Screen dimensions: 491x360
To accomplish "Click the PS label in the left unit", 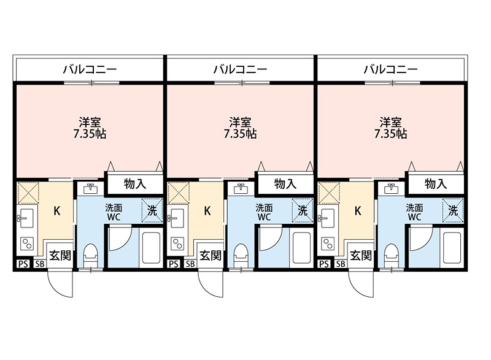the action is coord(23,264).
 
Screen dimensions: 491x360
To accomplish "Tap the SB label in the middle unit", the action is coord(190,264).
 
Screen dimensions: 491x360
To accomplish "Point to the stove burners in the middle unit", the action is coord(177,243).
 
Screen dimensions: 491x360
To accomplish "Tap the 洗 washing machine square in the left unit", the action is coord(152,210).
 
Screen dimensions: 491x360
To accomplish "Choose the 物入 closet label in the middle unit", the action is coord(285,184).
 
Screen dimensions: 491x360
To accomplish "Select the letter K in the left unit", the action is coord(57,211).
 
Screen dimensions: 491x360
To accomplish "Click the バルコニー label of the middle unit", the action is coord(240,69).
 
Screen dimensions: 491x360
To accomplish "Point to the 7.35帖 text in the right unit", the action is coord(390,134).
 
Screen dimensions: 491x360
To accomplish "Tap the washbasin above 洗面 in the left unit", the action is coord(90,189).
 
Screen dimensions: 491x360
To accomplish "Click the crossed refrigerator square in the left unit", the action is coord(28,193).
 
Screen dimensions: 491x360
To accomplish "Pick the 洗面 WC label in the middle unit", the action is coord(264,212).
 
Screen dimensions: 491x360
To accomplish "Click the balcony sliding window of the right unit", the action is coord(393,83).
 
